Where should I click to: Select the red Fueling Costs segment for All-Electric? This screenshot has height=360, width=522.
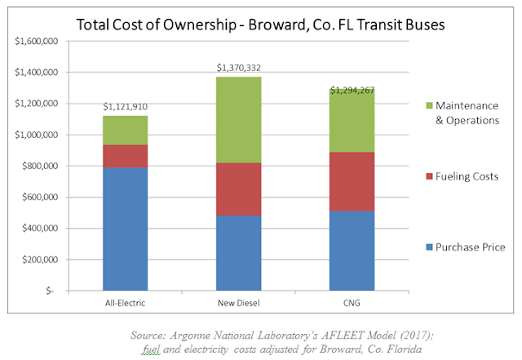tap(125, 156)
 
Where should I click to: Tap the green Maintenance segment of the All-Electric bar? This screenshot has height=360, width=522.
tap(125, 130)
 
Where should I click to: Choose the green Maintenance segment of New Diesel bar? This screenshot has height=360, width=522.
tap(238, 119)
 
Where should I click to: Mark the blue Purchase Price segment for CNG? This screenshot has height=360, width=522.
tap(352, 250)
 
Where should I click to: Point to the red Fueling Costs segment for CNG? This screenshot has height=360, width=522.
tap(352, 181)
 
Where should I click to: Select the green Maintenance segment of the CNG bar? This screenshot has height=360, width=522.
tap(352, 120)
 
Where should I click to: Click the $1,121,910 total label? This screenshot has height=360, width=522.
tap(125, 106)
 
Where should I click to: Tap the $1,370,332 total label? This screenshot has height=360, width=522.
tap(238, 67)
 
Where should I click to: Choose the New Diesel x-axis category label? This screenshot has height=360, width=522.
tap(238, 303)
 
